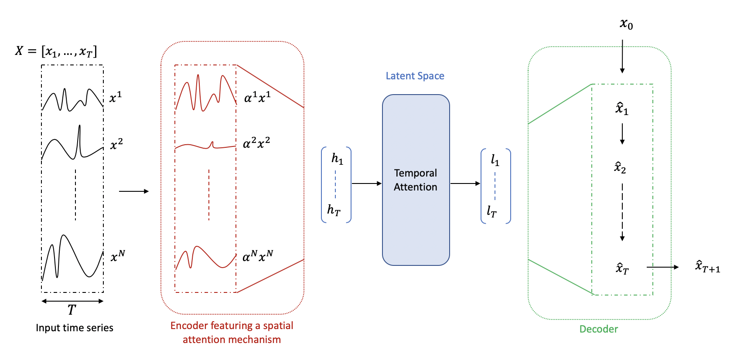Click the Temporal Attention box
pos(416,180)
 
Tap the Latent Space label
pos(415,76)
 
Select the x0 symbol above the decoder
pos(626,24)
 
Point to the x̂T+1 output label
pos(707,266)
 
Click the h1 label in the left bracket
pos(337,159)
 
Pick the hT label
pos(334,210)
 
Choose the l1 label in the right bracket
pos(495,160)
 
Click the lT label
pos(491,211)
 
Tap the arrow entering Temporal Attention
pos(366,183)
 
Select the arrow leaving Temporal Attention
pos(465,183)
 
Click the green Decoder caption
pos(598,329)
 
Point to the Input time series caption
pos(75,328)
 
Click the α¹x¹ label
pos(257,97)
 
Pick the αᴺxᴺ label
pos(258,256)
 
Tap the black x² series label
pos(116,144)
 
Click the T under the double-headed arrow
pos(72,310)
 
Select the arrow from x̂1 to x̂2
pos(622,134)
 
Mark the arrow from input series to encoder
pos(133,191)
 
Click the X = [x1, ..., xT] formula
pos(56,51)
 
